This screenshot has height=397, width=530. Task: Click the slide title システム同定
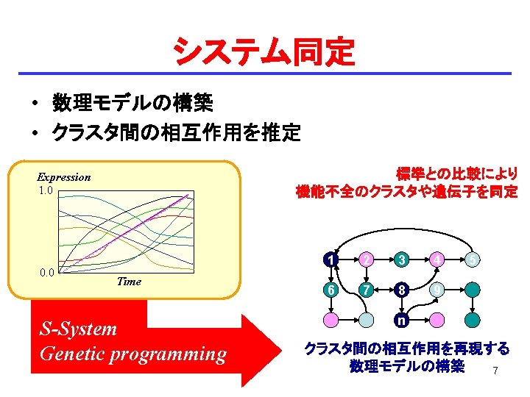pyautogui.click(x=264, y=52)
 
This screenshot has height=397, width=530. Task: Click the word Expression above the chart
pyautogui.click(x=64, y=177)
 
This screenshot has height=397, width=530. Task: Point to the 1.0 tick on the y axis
pyautogui.click(x=45, y=190)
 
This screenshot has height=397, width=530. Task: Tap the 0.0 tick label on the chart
pyautogui.click(x=45, y=273)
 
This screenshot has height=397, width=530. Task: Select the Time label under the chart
pyautogui.click(x=129, y=282)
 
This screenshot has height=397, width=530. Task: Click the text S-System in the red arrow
pyautogui.click(x=78, y=329)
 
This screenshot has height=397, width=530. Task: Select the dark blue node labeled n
pyautogui.click(x=400, y=320)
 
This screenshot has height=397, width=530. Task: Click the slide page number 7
pyautogui.click(x=495, y=371)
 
